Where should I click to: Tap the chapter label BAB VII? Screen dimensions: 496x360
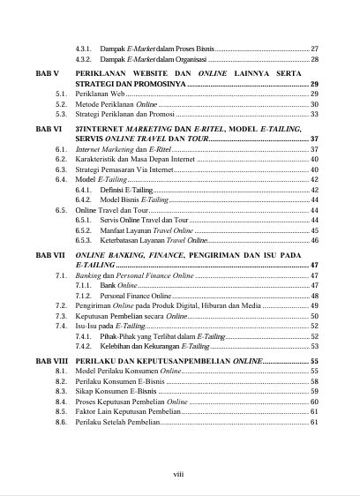pos(48,253)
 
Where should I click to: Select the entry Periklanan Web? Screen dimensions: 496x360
pos(101,94)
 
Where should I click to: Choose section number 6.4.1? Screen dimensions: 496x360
pos(84,190)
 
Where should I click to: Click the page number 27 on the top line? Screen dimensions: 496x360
pos(314,48)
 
